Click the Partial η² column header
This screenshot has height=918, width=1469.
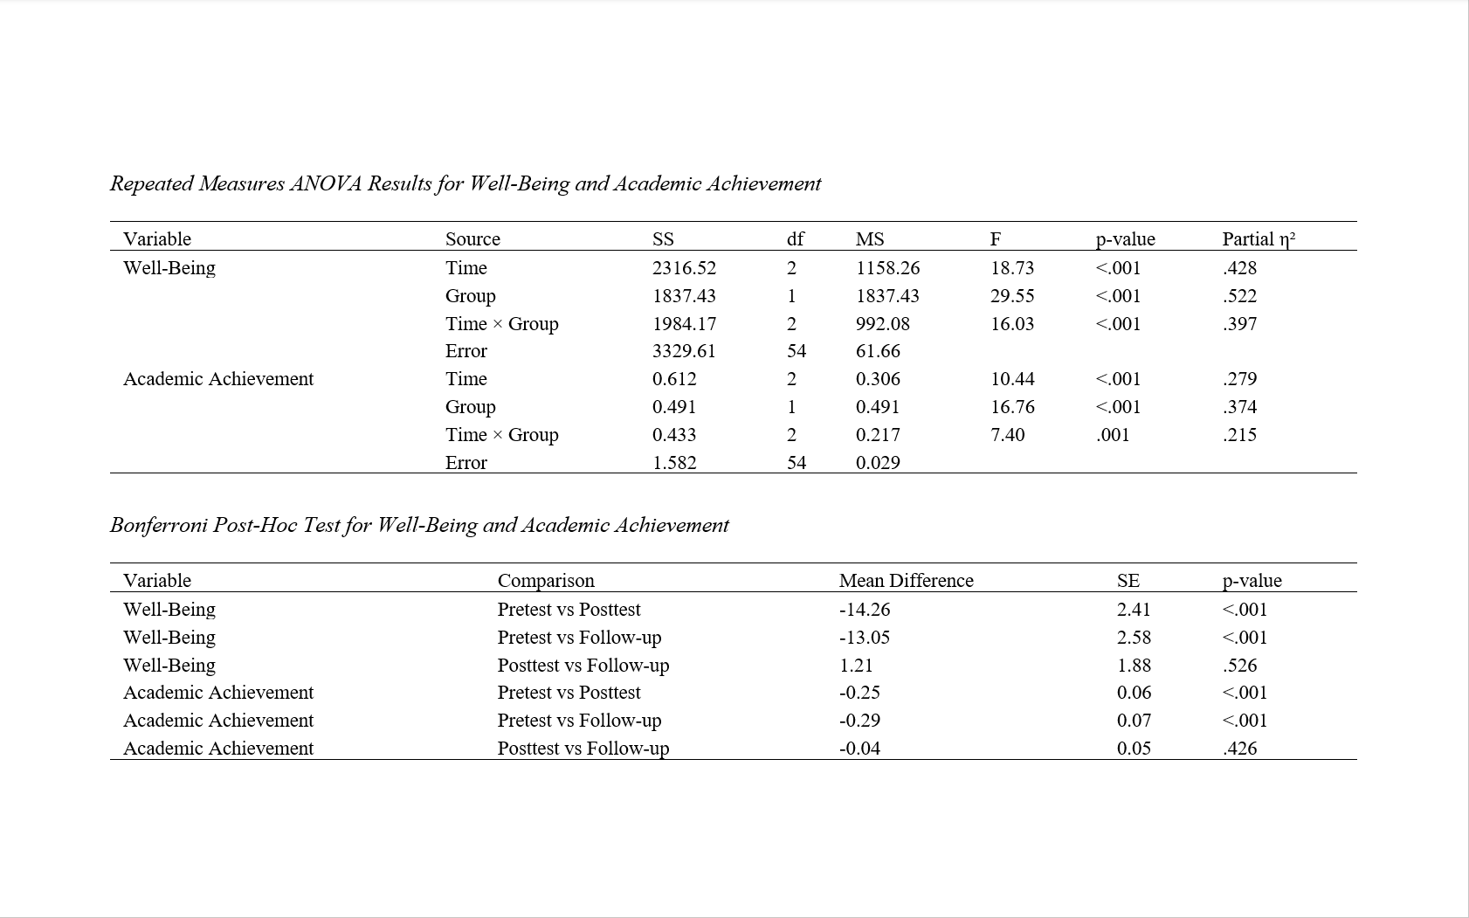click(x=1258, y=239)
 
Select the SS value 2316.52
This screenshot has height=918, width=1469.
click(x=684, y=268)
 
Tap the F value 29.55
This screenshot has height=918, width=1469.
click(x=1012, y=296)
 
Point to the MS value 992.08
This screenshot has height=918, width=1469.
click(x=882, y=324)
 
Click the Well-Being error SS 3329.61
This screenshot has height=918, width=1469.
click(x=684, y=351)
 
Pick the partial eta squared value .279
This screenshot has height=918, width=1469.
click(x=1239, y=379)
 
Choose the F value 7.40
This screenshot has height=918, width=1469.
click(x=1007, y=435)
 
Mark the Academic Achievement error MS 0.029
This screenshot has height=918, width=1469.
click(x=878, y=463)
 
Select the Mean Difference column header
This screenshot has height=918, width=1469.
click(x=906, y=581)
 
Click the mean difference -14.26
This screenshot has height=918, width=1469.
click(x=865, y=610)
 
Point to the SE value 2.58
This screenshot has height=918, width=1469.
click(x=1134, y=638)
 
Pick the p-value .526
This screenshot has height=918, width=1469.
click(x=1239, y=666)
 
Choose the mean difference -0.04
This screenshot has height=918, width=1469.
click(x=859, y=749)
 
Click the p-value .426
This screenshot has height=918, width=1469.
click(x=1239, y=749)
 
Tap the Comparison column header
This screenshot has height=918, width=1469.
click(x=546, y=581)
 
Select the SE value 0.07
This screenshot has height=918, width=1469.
click(x=1134, y=721)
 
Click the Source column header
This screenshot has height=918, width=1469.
click(x=472, y=239)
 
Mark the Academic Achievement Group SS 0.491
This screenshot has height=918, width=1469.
click(x=674, y=407)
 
